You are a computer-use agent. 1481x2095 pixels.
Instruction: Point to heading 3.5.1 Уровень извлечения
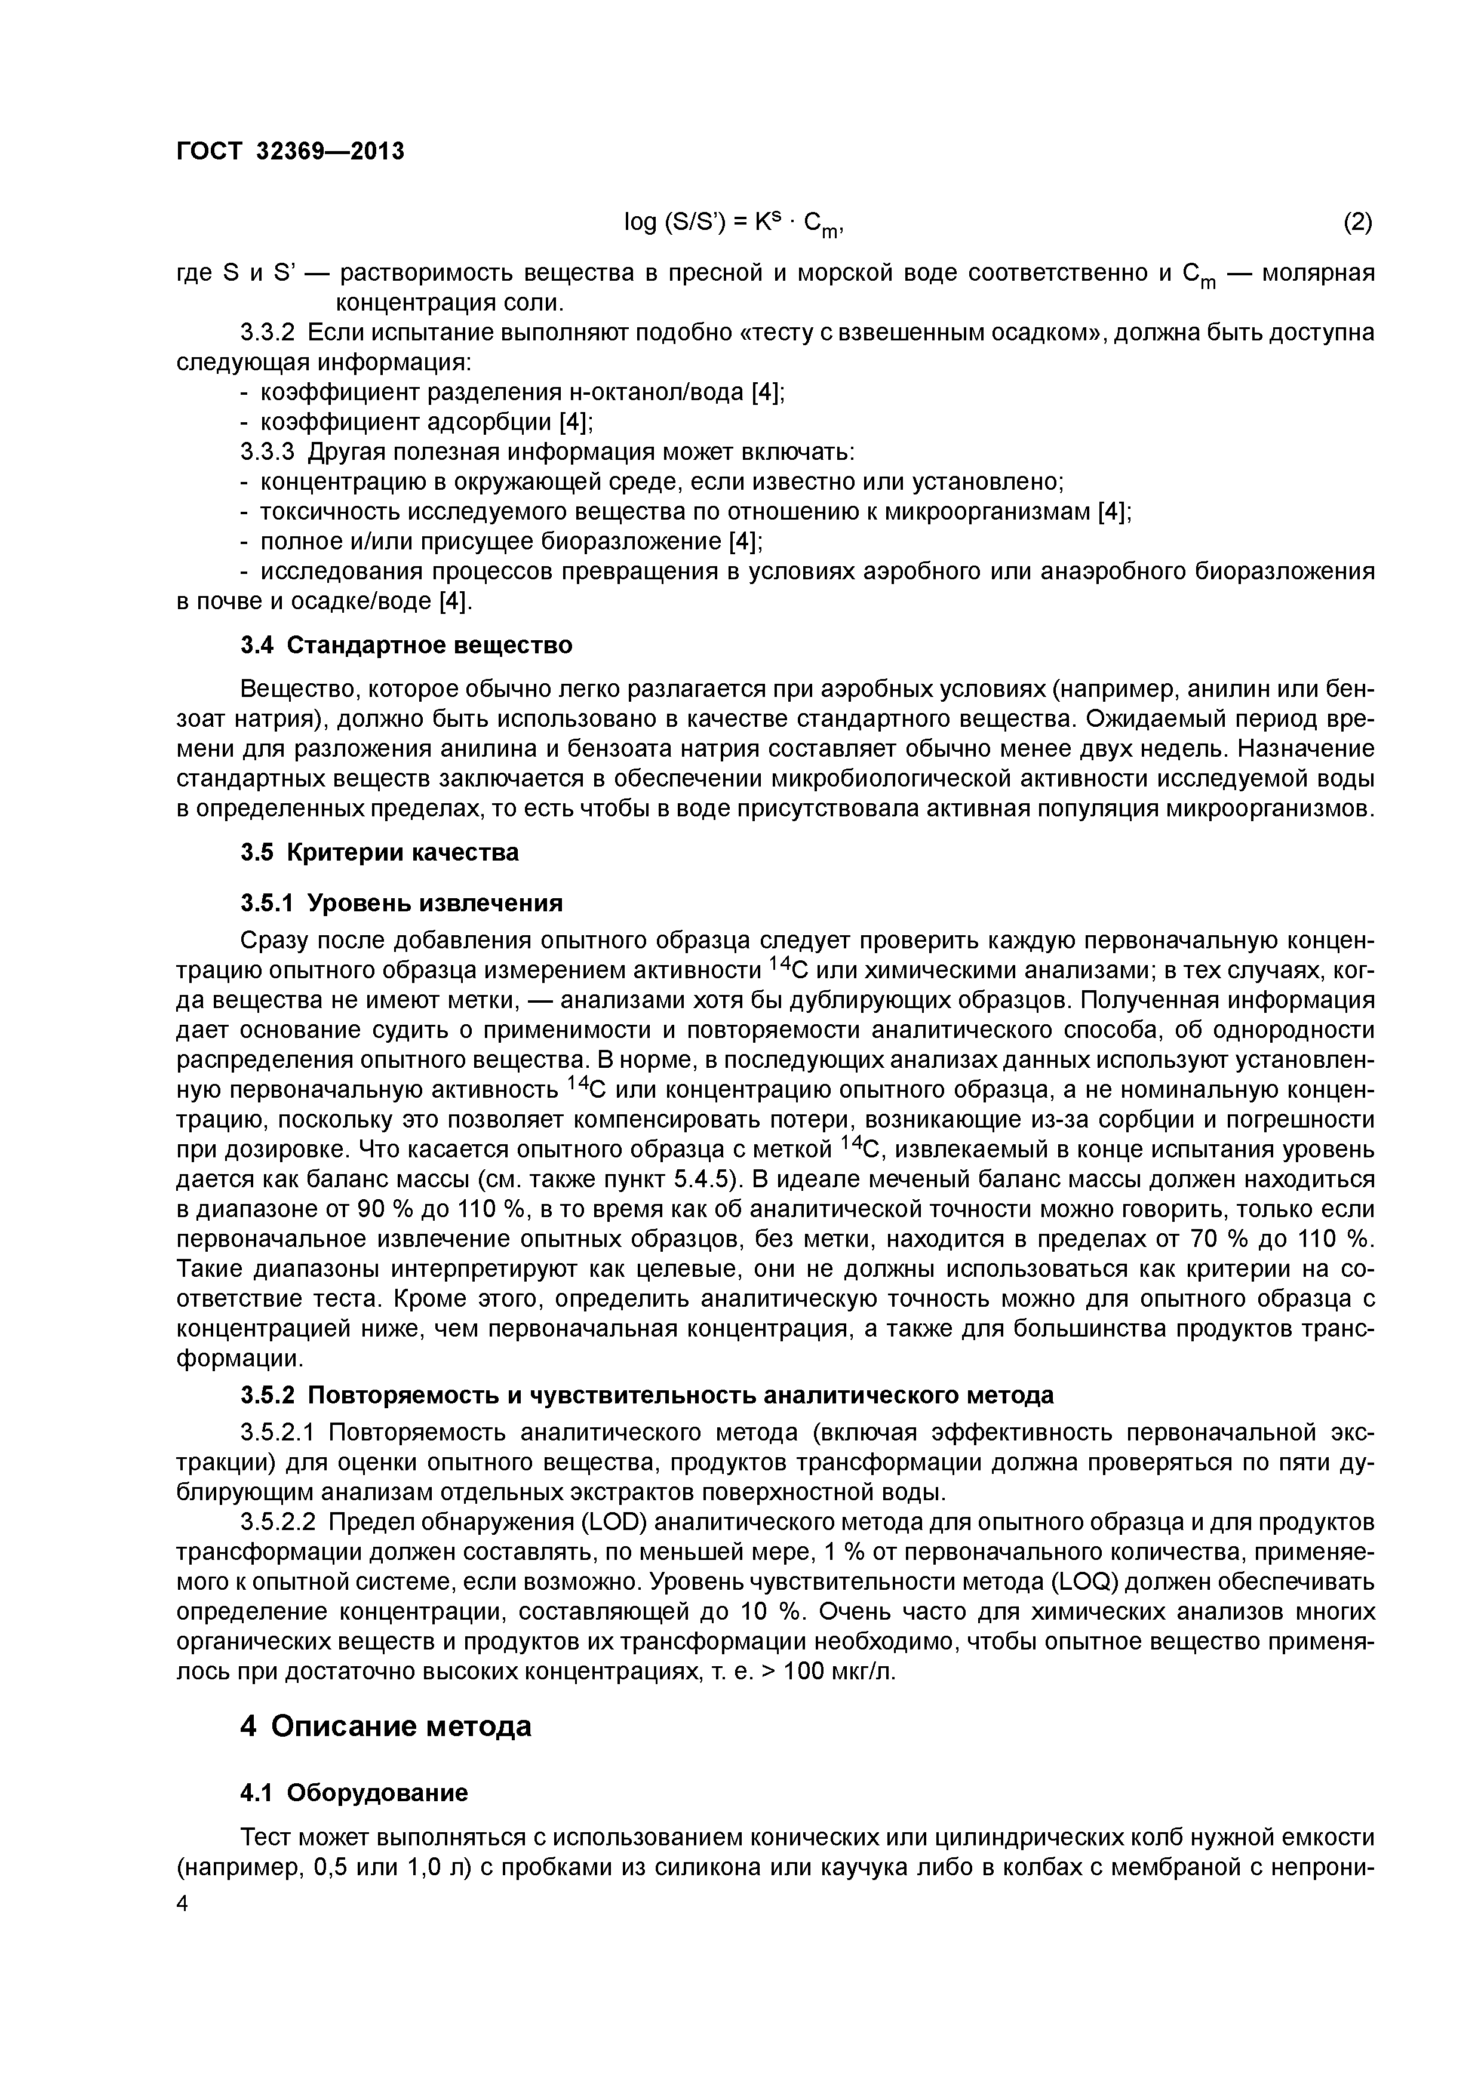click(x=401, y=904)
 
